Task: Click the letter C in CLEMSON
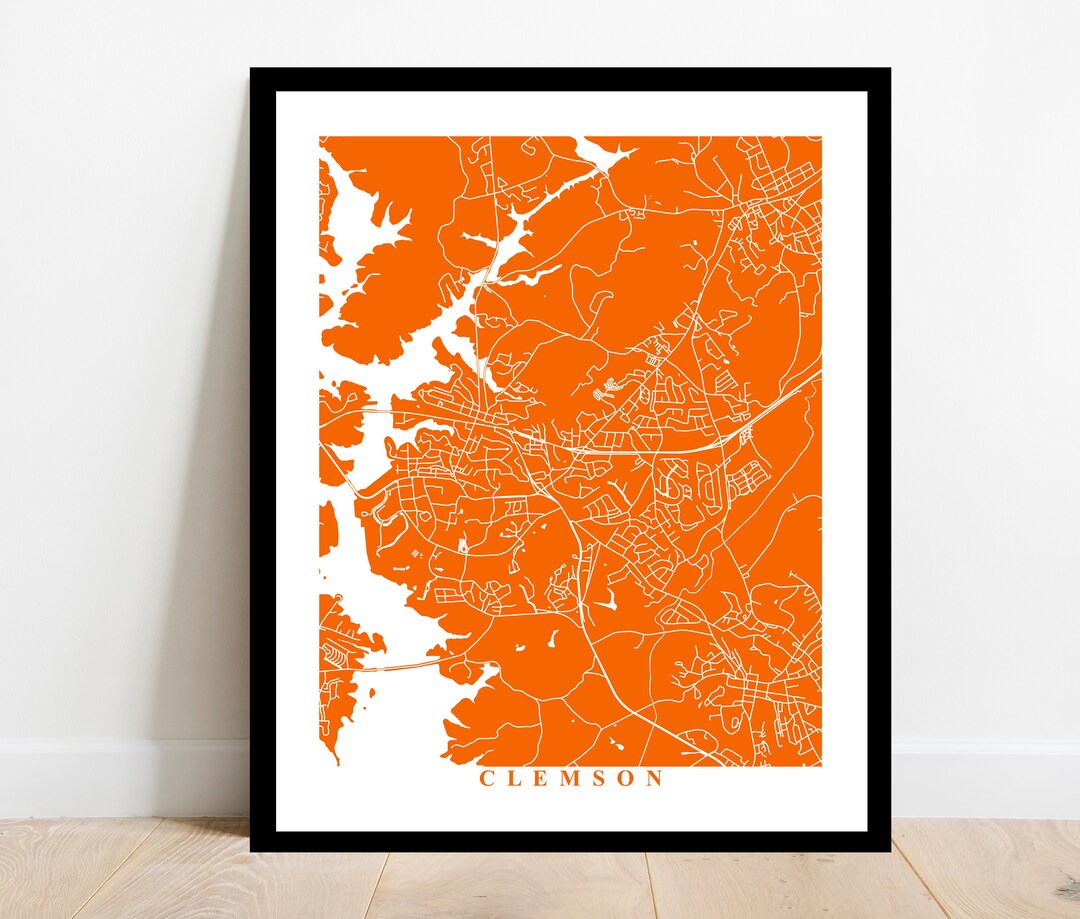click(487, 778)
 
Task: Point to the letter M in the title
click(570, 778)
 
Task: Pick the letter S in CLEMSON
click(599, 778)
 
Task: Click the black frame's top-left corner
click(252, 70)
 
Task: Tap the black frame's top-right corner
click(888, 70)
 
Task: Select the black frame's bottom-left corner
click(252, 850)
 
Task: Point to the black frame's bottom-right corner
click(888, 850)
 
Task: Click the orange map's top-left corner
click(321, 138)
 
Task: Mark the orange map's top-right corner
click(820, 138)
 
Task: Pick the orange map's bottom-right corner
click(820, 765)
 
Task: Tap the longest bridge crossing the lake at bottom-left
click(400, 666)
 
